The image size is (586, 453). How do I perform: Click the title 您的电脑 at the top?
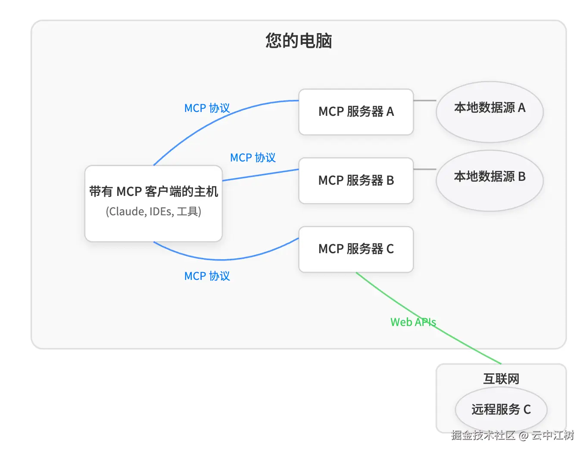pos(299,41)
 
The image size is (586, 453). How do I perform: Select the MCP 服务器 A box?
pos(356,112)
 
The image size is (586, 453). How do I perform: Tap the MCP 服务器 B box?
pos(356,180)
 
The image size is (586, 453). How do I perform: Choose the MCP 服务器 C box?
pos(356,249)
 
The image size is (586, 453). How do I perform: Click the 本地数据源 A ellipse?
pos(489,112)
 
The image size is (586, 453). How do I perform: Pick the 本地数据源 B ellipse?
pos(489,180)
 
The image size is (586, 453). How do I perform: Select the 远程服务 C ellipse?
pos(501,410)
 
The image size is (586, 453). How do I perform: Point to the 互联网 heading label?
pos(501,379)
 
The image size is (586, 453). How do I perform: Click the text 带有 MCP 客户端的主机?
pos(153,192)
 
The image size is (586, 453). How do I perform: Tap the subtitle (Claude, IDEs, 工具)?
pos(153,212)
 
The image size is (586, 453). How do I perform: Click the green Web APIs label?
pos(413,322)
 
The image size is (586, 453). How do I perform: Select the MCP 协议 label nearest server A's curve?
pos(207,108)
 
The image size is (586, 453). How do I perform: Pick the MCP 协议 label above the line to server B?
pos(253,158)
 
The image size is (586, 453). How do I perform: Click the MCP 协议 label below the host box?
pos(207,276)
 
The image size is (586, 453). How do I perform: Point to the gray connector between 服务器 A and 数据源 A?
pos(424,101)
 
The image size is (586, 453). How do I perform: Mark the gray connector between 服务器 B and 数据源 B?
pos(424,169)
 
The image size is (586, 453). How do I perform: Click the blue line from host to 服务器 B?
pos(261,175)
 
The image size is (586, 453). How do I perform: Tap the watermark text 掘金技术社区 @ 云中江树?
pos(512,435)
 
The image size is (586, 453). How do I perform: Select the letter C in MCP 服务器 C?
pos(390,249)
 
